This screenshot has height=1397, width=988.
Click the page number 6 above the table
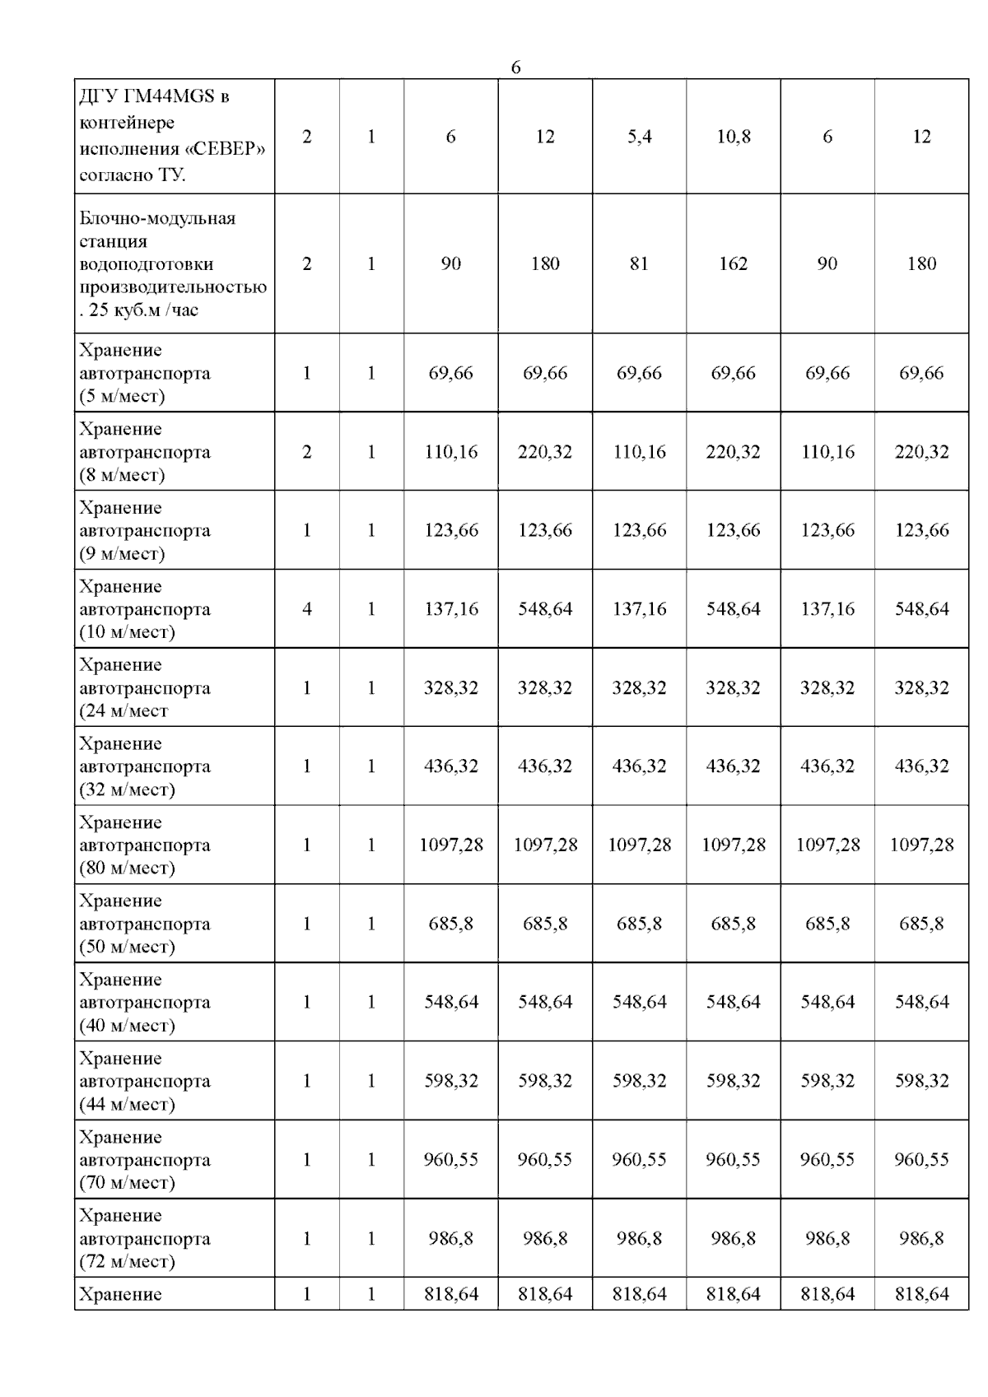coord(515,68)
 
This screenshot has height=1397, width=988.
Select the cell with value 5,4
coord(639,137)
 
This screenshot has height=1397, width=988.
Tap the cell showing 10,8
coord(733,137)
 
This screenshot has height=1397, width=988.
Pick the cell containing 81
coord(639,263)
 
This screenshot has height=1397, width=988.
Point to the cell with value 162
coord(733,263)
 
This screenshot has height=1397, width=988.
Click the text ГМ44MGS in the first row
coord(170,96)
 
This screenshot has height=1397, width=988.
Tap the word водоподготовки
coord(147,264)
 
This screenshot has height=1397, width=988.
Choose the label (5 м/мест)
coord(122,396)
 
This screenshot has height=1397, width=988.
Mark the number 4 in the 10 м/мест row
coord(307,609)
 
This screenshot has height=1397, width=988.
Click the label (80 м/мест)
coord(127,868)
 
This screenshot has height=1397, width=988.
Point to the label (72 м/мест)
coord(127,1261)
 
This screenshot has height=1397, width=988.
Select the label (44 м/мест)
coord(127,1104)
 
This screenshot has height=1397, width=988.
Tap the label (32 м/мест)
coord(127,789)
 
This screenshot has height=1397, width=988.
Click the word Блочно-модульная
coord(157,218)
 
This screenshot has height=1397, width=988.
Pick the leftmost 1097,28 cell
coord(451,845)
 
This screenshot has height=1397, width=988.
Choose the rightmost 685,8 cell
coord(921,924)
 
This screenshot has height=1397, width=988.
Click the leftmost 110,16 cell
coord(451,452)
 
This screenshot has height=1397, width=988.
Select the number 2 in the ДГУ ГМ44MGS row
coord(307,137)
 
